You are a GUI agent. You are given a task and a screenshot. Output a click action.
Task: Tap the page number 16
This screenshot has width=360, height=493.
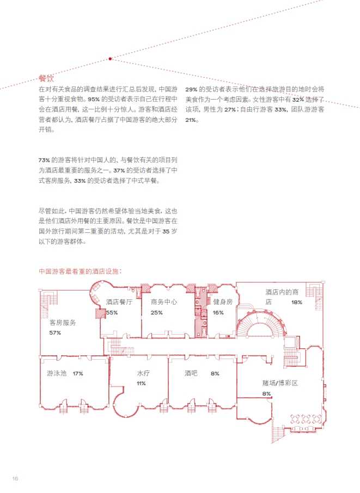click(15, 478)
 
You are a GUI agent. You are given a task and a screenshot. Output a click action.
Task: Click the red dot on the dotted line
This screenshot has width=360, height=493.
click(110, 58)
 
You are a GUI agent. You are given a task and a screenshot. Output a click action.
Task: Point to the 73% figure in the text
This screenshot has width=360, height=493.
click(44, 160)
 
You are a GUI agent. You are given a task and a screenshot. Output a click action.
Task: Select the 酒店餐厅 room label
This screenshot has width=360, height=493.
click(119, 302)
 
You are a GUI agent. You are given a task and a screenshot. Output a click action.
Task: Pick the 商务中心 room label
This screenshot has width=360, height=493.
click(164, 302)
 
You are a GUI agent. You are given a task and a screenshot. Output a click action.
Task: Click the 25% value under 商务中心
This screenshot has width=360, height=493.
click(157, 312)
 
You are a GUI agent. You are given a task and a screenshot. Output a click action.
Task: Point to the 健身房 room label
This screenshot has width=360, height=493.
click(223, 302)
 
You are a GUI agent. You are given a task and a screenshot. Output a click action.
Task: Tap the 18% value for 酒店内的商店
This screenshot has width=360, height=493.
click(296, 302)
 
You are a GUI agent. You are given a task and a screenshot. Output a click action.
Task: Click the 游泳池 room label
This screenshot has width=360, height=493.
click(57, 374)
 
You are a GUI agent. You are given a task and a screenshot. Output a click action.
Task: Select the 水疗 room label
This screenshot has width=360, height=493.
click(143, 374)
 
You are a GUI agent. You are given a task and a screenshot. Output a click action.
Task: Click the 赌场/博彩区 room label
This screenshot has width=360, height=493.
click(280, 383)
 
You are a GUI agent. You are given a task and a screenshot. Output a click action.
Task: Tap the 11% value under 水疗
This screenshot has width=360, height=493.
click(141, 384)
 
